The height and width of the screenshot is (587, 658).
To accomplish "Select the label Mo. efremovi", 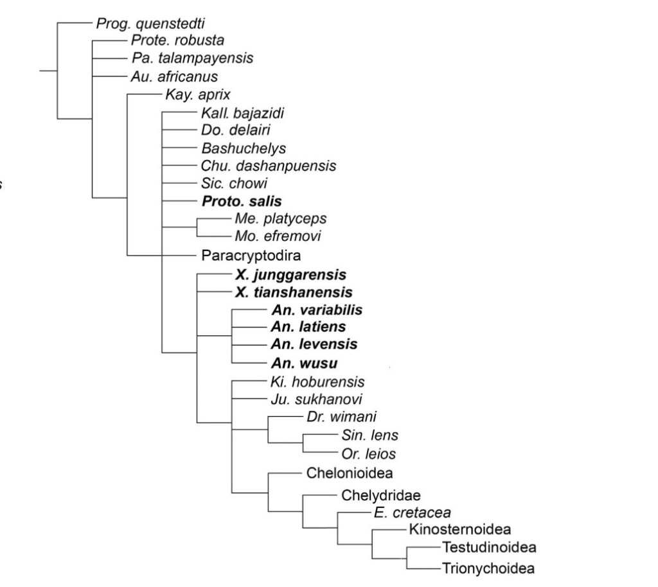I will (278, 236).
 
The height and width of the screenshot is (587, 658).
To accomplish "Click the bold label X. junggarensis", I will (290, 275).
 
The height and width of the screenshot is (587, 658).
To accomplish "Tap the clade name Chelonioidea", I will (350, 473).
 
